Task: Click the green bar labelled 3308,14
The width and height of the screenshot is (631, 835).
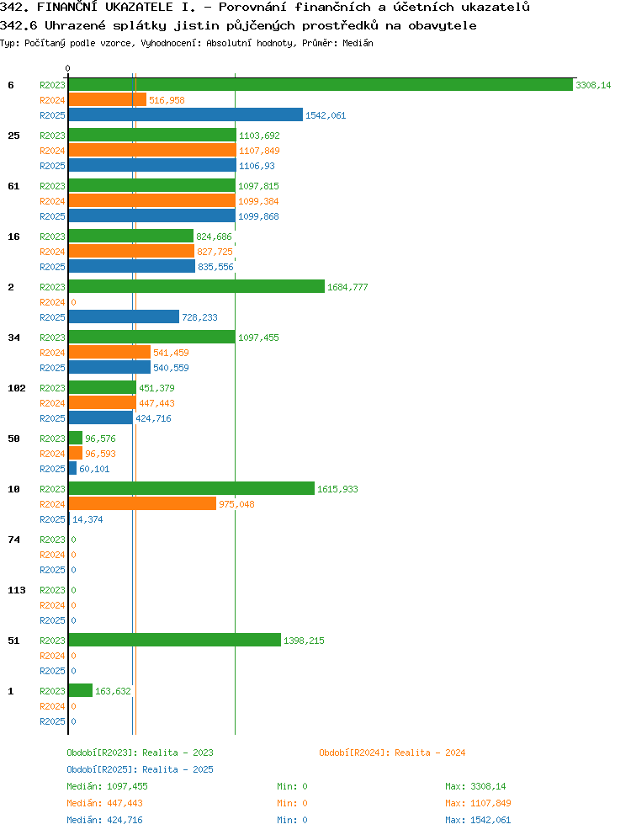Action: (x=321, y=85)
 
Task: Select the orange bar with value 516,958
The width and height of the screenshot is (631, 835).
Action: (x=108, y=99)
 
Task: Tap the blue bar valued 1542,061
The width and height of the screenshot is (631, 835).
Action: (x=186, y=115)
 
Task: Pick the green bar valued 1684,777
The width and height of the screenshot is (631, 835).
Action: (x=197, y=286)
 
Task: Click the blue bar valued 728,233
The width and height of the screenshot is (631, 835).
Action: (x=124, y=316)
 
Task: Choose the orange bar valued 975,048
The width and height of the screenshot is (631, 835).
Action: (x=143, y=503)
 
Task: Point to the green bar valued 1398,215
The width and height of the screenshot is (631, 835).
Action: (x=175, y=640)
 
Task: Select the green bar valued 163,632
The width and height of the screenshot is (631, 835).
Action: (x=81, y=691)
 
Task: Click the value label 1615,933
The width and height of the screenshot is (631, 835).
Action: (x=337, y=489)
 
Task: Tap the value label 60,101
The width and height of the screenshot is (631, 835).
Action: (x=94, y=469)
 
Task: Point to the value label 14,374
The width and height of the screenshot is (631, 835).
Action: (x=87, y=519)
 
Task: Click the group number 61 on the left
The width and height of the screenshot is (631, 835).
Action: (x=13, y=186)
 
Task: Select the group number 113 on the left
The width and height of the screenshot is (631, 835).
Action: (x=17, y=590)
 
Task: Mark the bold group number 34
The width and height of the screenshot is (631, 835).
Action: (x=13, y=338)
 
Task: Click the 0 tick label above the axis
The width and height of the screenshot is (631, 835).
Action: (x=67, y=68)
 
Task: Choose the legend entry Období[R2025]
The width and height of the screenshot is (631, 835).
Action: (x=102, y=769)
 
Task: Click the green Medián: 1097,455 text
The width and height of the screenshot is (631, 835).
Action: (x=107, y=786)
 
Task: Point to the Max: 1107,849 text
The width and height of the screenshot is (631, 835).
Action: (x=478, y=803)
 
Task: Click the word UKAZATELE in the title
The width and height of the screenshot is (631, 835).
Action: (x=139, y=7)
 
